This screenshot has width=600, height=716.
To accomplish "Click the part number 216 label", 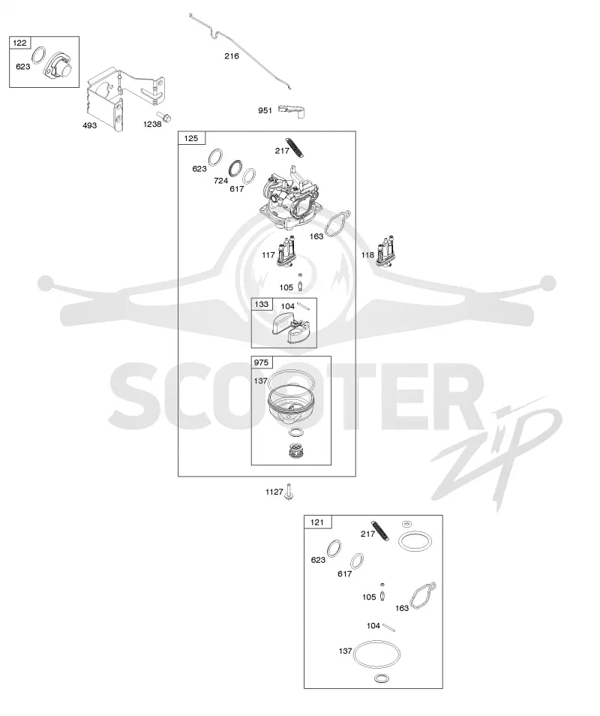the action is [x=231, y=56].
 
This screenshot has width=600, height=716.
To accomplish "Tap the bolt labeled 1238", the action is [x=163, y=116].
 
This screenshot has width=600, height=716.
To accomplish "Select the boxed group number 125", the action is [x=191, y=138].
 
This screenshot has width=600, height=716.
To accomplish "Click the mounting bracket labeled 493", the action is [x=124, y=98].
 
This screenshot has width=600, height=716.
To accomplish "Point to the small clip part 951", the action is [x=292, y=111].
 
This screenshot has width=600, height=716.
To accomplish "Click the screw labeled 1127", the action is [x=289, y=492].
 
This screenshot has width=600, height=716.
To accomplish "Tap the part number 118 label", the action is [x=367, y=254].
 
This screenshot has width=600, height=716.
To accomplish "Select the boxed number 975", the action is [x=261, y=363].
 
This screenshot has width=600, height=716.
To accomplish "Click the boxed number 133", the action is [x=262, y=304].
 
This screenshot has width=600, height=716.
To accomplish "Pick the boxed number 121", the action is [x=317, y=522].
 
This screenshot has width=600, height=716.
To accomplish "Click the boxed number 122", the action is [x=19, y=43].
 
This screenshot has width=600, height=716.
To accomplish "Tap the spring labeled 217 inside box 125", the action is [x=295, y=147].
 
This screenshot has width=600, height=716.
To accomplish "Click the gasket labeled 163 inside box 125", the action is [x=337, y=224].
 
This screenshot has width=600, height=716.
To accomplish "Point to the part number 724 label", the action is [x=220, y=181].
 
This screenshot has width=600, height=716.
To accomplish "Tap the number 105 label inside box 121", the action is [x=369, y=597].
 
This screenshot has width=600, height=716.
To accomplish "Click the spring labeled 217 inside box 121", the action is [x=380, y=531].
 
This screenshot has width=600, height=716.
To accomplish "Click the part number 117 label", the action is [x=268, y=255].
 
